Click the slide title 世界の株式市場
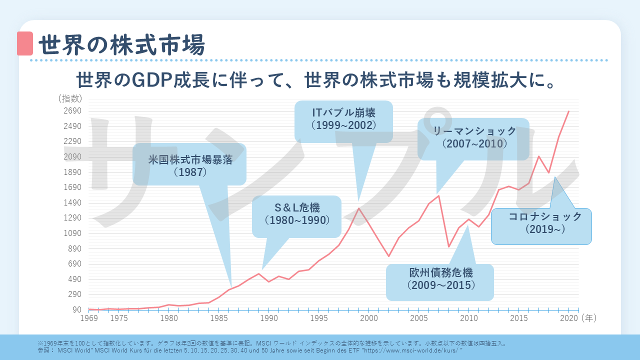121,45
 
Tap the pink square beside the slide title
24,43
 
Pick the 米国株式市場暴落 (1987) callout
190,165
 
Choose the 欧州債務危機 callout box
440,279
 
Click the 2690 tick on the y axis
73,111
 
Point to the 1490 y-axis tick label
73,203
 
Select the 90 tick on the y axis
77,310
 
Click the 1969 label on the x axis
89,318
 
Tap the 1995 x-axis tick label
319,318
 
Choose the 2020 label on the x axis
568,318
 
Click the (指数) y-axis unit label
70,98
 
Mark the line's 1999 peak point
359,208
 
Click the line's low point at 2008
449,246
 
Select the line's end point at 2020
569,111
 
